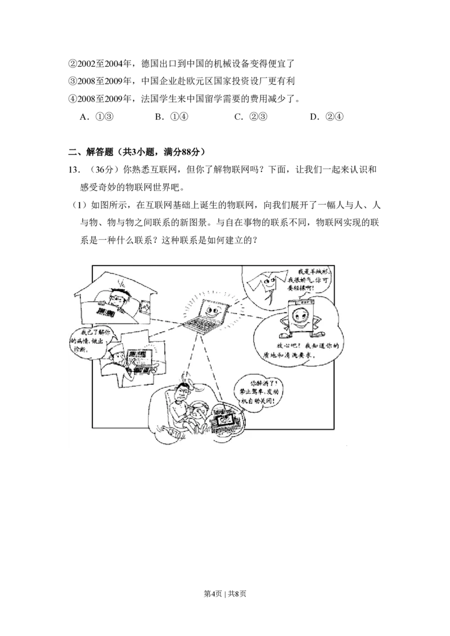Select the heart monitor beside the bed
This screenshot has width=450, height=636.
point(145,307)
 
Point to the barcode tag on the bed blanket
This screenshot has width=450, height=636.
point(106,310)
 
